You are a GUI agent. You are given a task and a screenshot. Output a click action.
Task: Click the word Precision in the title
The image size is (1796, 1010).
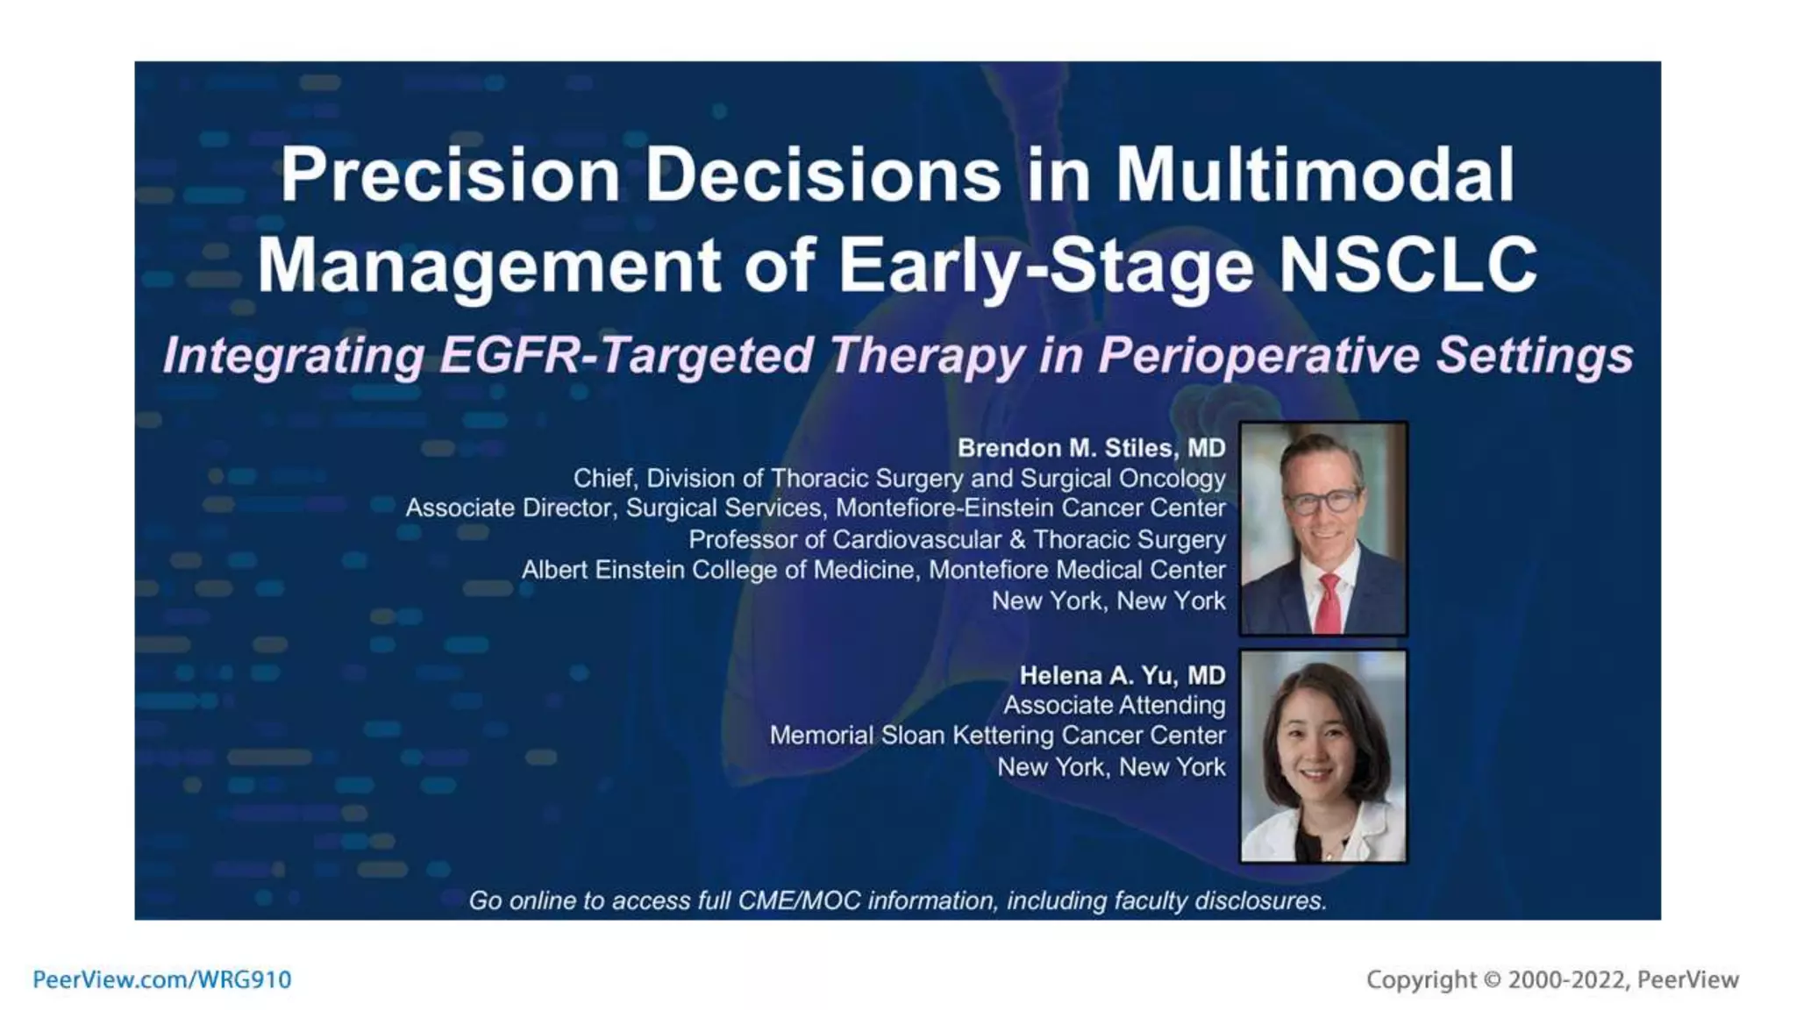tap(450, 175)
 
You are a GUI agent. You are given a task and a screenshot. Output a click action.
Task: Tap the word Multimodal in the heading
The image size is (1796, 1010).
tap(1315, 175)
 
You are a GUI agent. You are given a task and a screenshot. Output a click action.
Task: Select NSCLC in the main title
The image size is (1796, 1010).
tap(1408, 266)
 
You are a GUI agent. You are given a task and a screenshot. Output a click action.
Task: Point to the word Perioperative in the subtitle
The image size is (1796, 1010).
tap(1258, 356)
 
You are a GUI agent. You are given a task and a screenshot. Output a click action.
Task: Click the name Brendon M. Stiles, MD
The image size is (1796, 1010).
tap(1091, 448)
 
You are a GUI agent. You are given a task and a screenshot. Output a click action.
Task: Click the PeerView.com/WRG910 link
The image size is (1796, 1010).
tap(162, 979)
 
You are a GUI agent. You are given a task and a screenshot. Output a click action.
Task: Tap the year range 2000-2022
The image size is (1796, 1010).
tap(1566, 979)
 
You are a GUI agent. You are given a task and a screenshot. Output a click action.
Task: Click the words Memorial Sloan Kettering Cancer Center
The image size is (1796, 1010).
tap(997, 736)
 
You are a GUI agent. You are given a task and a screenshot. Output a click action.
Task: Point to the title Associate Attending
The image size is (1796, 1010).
tap(1114, 705)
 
